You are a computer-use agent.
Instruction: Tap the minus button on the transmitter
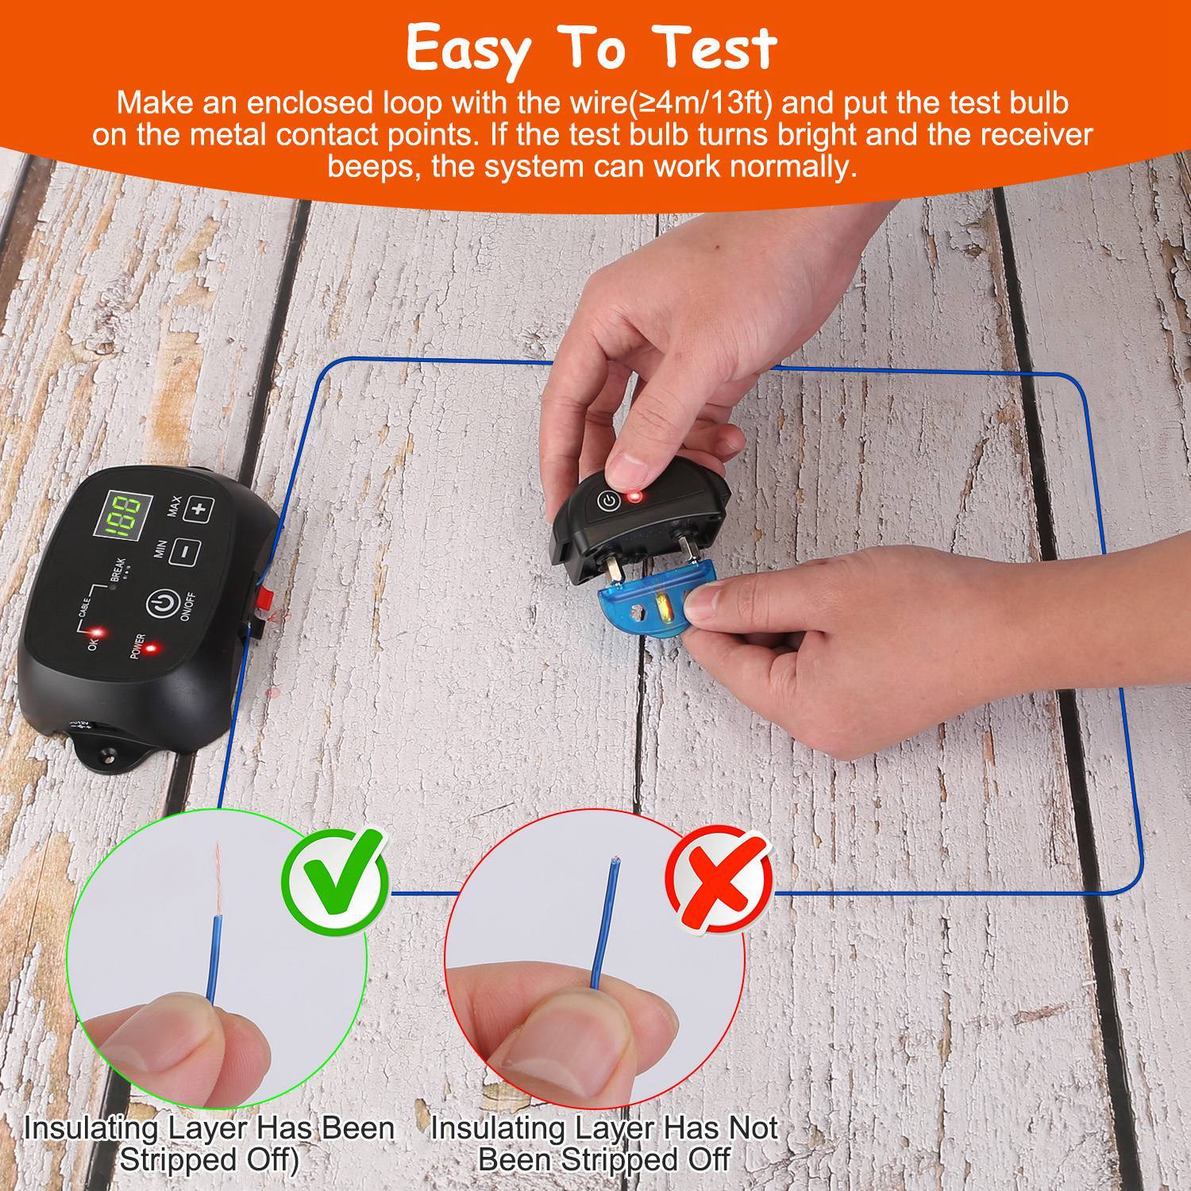pyautogui.click(x=185, y=552)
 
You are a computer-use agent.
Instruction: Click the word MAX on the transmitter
pyautogui.click(x=174, y=506)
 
